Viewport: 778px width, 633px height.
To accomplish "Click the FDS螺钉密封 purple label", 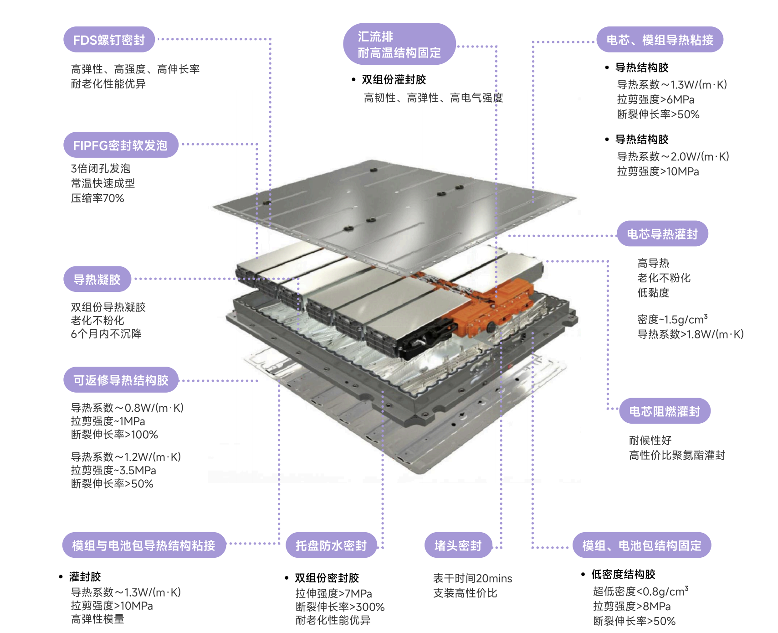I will [109, 40].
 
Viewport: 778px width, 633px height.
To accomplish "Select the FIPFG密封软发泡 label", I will [120, 145].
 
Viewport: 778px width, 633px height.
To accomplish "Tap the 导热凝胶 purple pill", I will [97, 279].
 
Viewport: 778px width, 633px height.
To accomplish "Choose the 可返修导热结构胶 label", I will [121, 380].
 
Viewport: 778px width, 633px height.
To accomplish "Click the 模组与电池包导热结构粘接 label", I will [143, 545].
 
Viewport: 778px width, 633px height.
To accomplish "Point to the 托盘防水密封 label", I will [331, 545].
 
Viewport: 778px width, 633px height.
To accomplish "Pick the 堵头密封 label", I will [458, 545].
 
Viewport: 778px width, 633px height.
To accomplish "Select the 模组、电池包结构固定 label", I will [641, 545].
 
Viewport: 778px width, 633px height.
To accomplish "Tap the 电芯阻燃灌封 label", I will [665, 411].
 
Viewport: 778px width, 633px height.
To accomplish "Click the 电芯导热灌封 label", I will [662, 234].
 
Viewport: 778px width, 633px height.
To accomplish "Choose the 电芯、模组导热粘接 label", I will [660, 40].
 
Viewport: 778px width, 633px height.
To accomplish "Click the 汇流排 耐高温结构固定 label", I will [399, 44].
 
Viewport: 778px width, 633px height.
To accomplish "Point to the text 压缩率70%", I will [97, 198].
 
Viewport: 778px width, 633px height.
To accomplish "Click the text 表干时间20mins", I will [472, 578].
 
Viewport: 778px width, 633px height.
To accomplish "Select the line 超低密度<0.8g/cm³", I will [640, 591].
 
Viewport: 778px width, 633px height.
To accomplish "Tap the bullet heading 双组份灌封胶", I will [394, 80].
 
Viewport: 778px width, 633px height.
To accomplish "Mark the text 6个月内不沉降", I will [106, 334].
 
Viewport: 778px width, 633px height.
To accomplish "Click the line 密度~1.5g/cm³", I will [672, 319].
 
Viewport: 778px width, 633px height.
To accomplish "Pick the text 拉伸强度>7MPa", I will [333, 593].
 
